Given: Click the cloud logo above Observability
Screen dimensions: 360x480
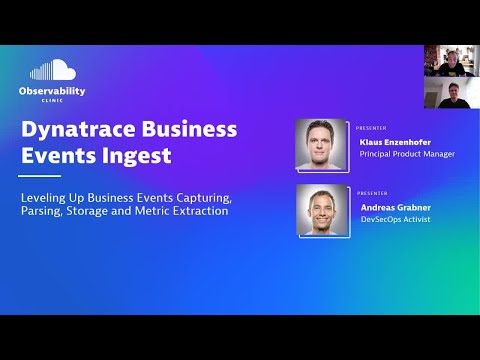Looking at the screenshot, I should (x=53, y=70).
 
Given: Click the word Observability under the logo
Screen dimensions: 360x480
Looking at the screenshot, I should (x=52, y=91).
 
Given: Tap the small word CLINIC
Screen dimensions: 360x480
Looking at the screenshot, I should (x=52, y=101).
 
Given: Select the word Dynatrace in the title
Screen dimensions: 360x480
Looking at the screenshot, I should (x=76, y=130).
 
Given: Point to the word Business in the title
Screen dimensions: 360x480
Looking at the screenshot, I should (x=189, y=130).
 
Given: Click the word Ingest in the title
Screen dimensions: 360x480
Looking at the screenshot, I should (x=141, y=156).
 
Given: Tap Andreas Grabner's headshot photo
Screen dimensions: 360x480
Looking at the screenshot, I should (x=322, y=211).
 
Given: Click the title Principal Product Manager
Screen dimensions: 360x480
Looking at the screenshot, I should (x=406, y=154).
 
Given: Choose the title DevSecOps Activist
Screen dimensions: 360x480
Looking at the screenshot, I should (x=394, y=218).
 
